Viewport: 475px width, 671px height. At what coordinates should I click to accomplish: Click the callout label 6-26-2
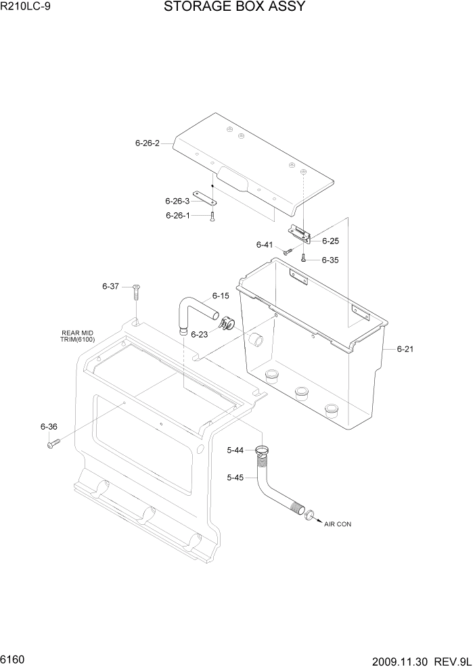pos(147,143)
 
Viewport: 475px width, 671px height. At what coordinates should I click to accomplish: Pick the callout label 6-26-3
pos(177,201)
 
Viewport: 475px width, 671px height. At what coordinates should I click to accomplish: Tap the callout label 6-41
pos(265,245)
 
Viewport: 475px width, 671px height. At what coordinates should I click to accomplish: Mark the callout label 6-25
pos(330,241)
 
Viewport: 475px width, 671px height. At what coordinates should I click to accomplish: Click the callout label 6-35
pos(330,260)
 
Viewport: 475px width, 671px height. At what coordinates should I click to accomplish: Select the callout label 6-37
pos(111,287)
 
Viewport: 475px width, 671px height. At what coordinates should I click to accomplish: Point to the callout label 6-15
pos(221,296)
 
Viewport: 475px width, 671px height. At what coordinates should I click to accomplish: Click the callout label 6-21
pos(405,349)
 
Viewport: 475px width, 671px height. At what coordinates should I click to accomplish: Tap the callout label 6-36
pos(49,427)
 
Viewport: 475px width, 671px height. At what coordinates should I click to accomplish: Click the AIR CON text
pos(338,524)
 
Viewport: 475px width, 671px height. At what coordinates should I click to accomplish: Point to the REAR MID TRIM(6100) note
pos(77,335)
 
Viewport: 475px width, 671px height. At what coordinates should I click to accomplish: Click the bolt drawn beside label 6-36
pos(54,443)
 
